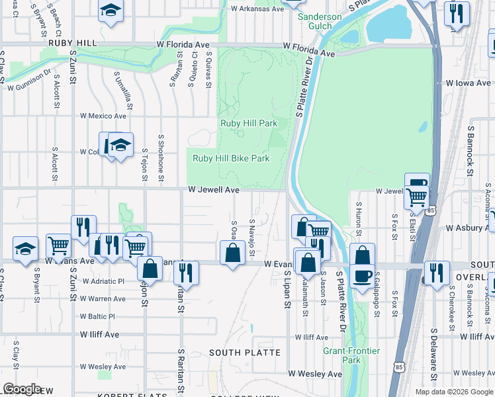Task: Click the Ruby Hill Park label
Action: click(248, 123)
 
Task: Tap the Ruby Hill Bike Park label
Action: click(231, 158)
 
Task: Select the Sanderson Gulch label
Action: click(320, 22)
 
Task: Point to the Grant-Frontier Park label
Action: click(351, 355)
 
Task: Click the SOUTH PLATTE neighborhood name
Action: click(245, 353)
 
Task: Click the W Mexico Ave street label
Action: click(103, 116)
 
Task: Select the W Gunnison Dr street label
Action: click(28, 79)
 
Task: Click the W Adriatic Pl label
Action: click(103, 281)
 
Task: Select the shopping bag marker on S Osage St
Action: click(232, 253)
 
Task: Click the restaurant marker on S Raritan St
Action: click(187, 272)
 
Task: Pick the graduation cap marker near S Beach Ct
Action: click(111, 11)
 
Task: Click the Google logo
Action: click(22, 389)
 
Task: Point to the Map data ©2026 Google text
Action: click(453, 392)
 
